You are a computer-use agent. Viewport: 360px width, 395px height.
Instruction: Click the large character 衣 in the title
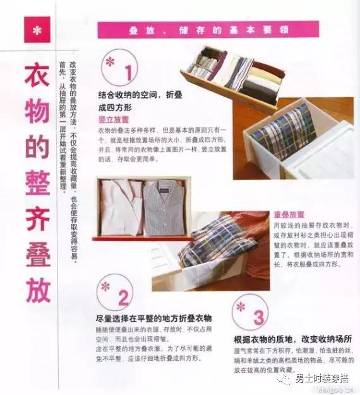(x=37, y=81)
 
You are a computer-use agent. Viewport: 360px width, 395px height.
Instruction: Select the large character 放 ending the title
(x=37, y=288)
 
